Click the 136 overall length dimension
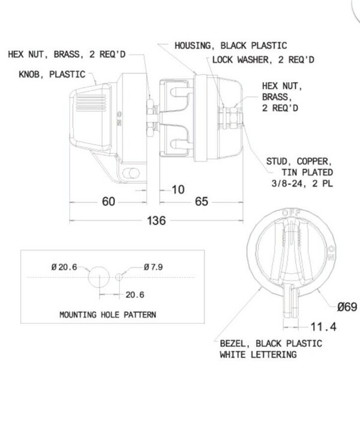[157, 220]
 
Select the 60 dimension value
[109, 201]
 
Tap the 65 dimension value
[202, 201]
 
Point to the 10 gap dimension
[178, 190]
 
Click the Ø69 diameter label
[347, 307]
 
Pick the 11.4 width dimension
[323, 327]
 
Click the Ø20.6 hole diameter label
[64, 267]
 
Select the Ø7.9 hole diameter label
[153, 267]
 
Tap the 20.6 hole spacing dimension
[134, 295]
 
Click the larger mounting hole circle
[99, 277]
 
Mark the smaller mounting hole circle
[119, 277]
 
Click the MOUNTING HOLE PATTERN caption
[107, 315]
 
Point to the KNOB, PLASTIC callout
[52, 74]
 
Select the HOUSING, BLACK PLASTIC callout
[231, 46]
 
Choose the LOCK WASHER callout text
[263, 59]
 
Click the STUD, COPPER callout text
[299, 172]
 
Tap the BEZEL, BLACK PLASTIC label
[271, 344]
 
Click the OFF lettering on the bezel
[292, 213]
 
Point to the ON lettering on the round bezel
[332, 253]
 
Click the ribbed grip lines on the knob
[91, 102]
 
